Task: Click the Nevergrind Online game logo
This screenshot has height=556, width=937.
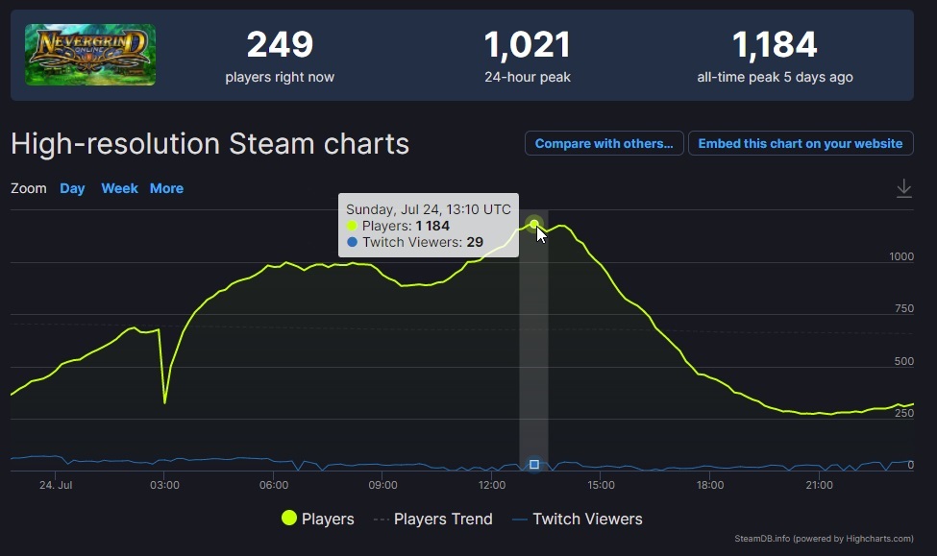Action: [x=90, y=55]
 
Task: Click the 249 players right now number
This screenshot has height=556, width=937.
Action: [x=280, y=45]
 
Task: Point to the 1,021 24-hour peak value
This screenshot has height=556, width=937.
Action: [x=527, y=45]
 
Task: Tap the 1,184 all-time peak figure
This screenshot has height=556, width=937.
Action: [x=775, y=45]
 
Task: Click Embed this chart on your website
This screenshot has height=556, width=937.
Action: [x=801, y=144]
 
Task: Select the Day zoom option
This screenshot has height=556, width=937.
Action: [x=72, y=188]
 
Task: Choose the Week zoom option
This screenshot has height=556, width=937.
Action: [x=119, y=188]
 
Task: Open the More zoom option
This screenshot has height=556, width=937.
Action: [x=166, y=188]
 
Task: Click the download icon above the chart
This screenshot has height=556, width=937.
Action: [x=903, y=189]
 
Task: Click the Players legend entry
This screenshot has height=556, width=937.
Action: [x=318, y=519]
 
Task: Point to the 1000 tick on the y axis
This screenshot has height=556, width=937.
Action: [x=901, y=256]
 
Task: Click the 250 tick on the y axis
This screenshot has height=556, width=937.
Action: [x=903, y=413]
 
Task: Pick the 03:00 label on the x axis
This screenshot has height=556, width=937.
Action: [x=164, y=485]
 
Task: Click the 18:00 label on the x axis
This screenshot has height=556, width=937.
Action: [x=709, y=485]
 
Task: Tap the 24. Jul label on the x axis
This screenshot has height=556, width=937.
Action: [x=56, y=485]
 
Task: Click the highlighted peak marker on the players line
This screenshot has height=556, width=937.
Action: [x=534, y=225]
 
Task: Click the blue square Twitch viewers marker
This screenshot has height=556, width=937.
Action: [x=534, y=465]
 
